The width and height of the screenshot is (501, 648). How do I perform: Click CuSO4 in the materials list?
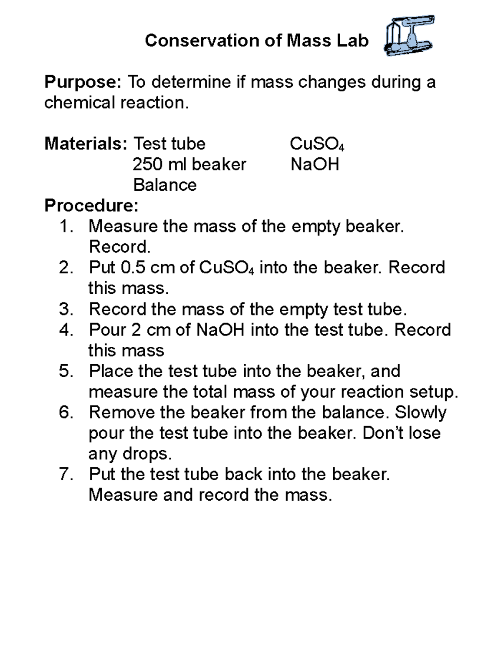pyautogui.click(x=317, y=144)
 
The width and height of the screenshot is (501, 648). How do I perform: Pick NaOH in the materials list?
pyautogui.click(x=315, y=164)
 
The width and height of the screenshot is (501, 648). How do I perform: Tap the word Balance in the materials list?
pyautogui.click(x=165, y=185)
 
